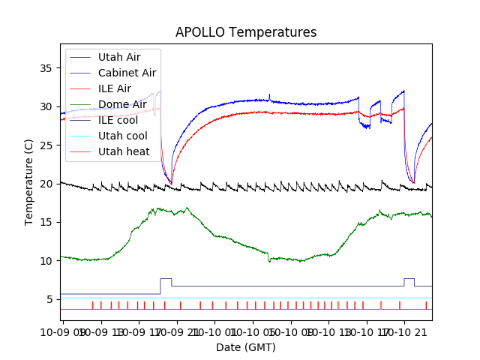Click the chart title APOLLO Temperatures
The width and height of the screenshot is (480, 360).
click(x=246, y=32)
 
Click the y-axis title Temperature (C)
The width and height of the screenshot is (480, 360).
click(x=29, y=182)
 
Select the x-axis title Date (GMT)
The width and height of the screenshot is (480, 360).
click(x=246, y=347)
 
